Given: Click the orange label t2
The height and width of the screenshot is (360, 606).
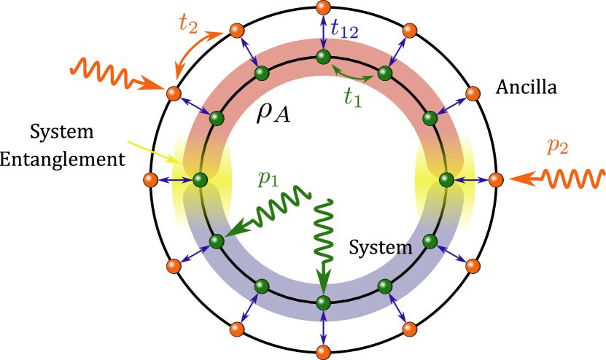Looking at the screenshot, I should [188, 23].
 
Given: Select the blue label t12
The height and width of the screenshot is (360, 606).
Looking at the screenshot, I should [344, 29].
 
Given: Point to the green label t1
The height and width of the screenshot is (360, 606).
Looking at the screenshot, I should [352, 97].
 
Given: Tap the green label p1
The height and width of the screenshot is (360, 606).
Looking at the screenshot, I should [268, 178].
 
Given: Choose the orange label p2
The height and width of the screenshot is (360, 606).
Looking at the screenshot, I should [557, 146].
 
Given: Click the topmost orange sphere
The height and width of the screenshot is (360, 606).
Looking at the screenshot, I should [323, 7].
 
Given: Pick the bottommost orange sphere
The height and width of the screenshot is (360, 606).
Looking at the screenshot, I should [323, 353].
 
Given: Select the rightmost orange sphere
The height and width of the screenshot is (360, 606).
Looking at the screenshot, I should [496, 179].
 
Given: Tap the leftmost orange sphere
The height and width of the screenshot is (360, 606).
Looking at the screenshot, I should [150, 179].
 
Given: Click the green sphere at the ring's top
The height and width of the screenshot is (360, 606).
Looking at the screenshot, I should [323, 56].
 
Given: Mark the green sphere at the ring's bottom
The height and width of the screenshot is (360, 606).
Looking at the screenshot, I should [323, 302].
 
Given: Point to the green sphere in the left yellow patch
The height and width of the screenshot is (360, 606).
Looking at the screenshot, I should [200, 179].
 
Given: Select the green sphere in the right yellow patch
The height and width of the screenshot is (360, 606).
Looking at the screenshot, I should [446, 179].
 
